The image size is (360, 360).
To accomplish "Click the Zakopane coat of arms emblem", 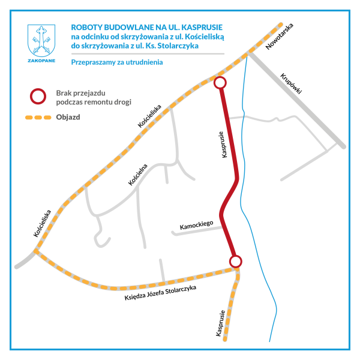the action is pyautogui.click(x=41, y=41).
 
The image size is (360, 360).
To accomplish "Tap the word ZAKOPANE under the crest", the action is pyautogui.click(x=41, y=61).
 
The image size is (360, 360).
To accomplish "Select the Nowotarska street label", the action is pyautogui.click(x=280, y=36).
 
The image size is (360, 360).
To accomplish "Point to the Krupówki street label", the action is pyautogui.click(x=290, y=83).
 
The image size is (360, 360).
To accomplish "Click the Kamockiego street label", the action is pyautogui.click(x=196, y=225).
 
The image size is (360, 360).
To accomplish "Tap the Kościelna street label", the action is pyautogui.click(x=138, y=175).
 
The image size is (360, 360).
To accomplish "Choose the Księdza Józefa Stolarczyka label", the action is pyautogui.click(x=160, y=293).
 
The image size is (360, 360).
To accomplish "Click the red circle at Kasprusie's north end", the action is pyautogui.click(x=220, y=83).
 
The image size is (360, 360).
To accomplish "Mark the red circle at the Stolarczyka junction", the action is pyautogui.click(x=235, y=261).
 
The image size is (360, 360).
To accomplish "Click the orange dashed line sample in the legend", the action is pyautogui.click(x=38, y=118).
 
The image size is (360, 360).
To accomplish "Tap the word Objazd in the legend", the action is pyautogui.click(x=68, y=117).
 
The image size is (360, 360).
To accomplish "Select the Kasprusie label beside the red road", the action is pyautogui.click(x=223, y=145).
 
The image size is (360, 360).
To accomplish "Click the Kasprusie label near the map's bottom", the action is pyautogui.click(x=220, y=323).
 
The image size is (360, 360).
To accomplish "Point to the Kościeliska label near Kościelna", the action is pyautogui.click(x=149, y=116).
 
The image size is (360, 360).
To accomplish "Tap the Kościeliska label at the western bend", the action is pyautogui.click(x=42, y=223).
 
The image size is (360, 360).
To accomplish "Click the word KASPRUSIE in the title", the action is pyautogui.click(x=202, y=28).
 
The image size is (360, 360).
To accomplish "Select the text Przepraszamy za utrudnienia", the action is pyautogui.click(x=117, y=62).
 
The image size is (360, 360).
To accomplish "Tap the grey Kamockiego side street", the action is pyautogui.click(x=197, y=231).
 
